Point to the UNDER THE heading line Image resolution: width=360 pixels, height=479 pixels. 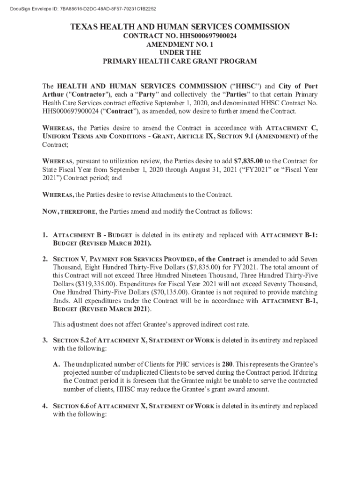point(180,53)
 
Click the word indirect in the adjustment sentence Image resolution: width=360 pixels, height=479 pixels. point(198,324)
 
